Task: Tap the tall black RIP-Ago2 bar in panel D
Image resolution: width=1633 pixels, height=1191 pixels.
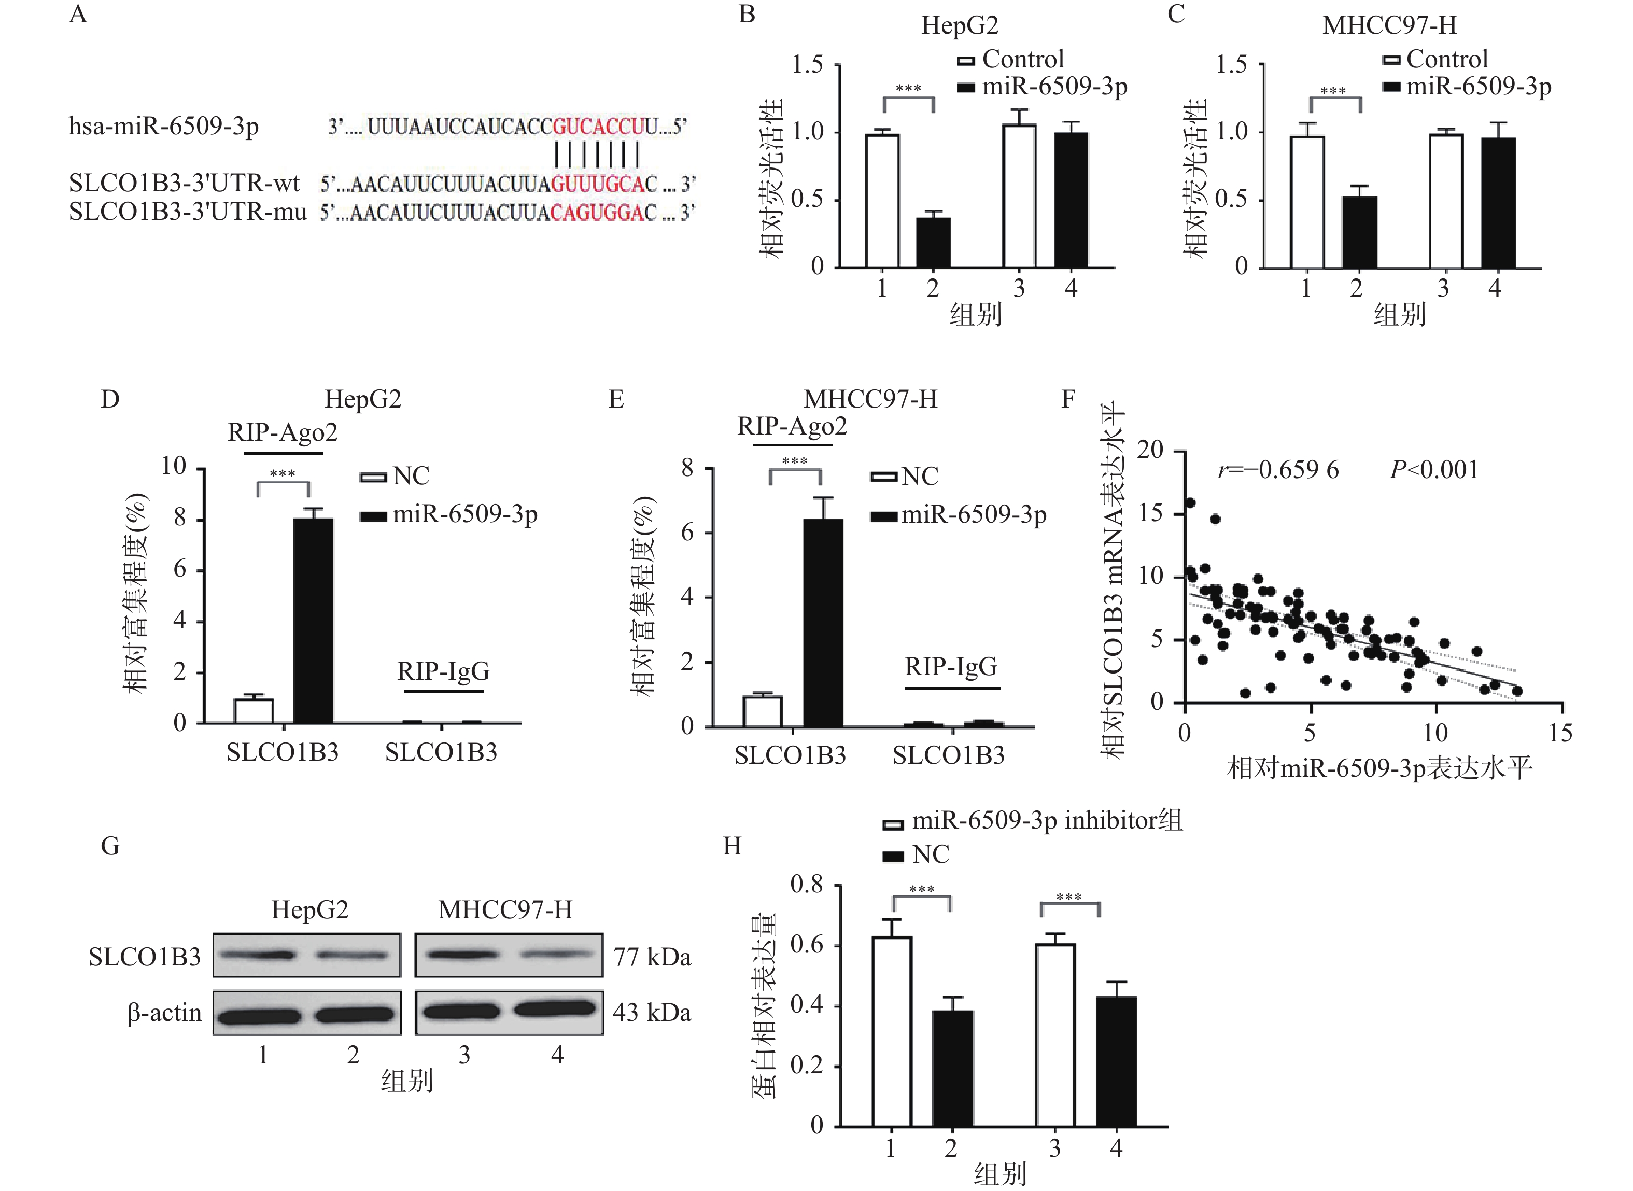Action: tap(314, 621)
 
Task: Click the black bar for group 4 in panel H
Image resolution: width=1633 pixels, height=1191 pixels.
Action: tap(1116, 1062)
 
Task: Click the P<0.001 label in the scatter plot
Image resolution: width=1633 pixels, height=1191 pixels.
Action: tap(1433, 470)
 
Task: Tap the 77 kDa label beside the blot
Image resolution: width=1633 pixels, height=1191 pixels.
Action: tap(652, 957)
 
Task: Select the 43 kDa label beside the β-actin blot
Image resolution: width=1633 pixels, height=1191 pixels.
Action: tap(652, 1013)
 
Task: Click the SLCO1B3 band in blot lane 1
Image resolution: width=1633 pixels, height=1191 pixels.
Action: tap(257, 955)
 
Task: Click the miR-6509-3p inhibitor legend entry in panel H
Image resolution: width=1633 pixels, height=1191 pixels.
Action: tap(1032, 821)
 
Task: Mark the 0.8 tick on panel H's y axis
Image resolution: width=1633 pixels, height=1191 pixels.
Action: tap(807, 884)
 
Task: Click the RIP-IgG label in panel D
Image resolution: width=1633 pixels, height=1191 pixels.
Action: tap(443, 671)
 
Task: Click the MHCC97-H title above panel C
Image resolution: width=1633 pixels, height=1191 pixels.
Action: tap(1389, 25)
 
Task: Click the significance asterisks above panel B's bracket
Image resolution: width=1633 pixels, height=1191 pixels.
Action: tap(908, 88)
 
